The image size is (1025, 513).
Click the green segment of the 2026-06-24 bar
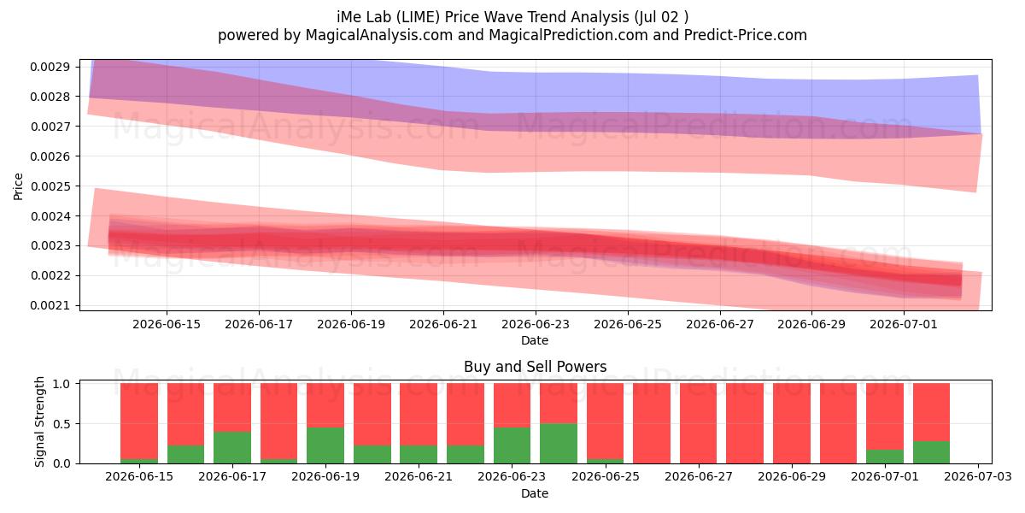559,444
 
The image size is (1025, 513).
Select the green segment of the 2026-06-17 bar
232,447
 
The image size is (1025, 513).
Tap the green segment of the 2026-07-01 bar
885,457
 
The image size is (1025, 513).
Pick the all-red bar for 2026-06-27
699,423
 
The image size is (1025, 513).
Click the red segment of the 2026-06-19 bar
325,405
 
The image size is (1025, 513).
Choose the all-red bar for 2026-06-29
792,423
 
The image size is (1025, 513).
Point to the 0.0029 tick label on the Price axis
50,67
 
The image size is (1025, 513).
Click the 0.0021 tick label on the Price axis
50,305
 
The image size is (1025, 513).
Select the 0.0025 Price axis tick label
50,186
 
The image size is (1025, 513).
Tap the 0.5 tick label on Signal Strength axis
61,424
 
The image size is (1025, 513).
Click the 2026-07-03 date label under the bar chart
978,476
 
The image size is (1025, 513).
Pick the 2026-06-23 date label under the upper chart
536,324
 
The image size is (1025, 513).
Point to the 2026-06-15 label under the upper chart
167,324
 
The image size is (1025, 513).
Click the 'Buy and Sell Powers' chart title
535,367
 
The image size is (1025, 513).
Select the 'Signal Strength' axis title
40,422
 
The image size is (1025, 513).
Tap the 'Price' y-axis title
18,186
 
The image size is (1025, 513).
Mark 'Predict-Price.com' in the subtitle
746,35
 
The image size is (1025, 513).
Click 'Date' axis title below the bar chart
535,493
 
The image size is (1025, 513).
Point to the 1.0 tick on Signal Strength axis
61,384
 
